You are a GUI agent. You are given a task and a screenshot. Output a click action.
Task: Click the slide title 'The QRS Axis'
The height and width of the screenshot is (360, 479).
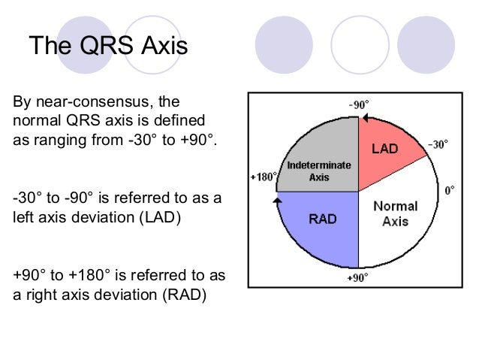tap(108, 47)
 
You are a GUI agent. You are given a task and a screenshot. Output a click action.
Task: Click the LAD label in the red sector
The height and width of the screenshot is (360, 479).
tap(387, 150)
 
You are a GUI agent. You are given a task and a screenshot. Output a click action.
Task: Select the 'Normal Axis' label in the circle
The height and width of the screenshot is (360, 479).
tap(395, 213)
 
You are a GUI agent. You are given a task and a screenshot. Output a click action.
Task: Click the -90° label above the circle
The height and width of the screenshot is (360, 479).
tap(358, 104)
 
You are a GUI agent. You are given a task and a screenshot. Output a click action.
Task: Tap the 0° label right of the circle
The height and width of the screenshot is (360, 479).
tap(449, 191)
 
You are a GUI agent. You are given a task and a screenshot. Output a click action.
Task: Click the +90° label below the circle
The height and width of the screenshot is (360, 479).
tap(358, 278)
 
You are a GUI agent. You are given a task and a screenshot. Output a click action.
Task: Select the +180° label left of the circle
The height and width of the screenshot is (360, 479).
tap(264, 177)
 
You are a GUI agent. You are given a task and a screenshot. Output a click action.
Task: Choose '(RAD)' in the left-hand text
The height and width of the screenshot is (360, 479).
tap(180, 294)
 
